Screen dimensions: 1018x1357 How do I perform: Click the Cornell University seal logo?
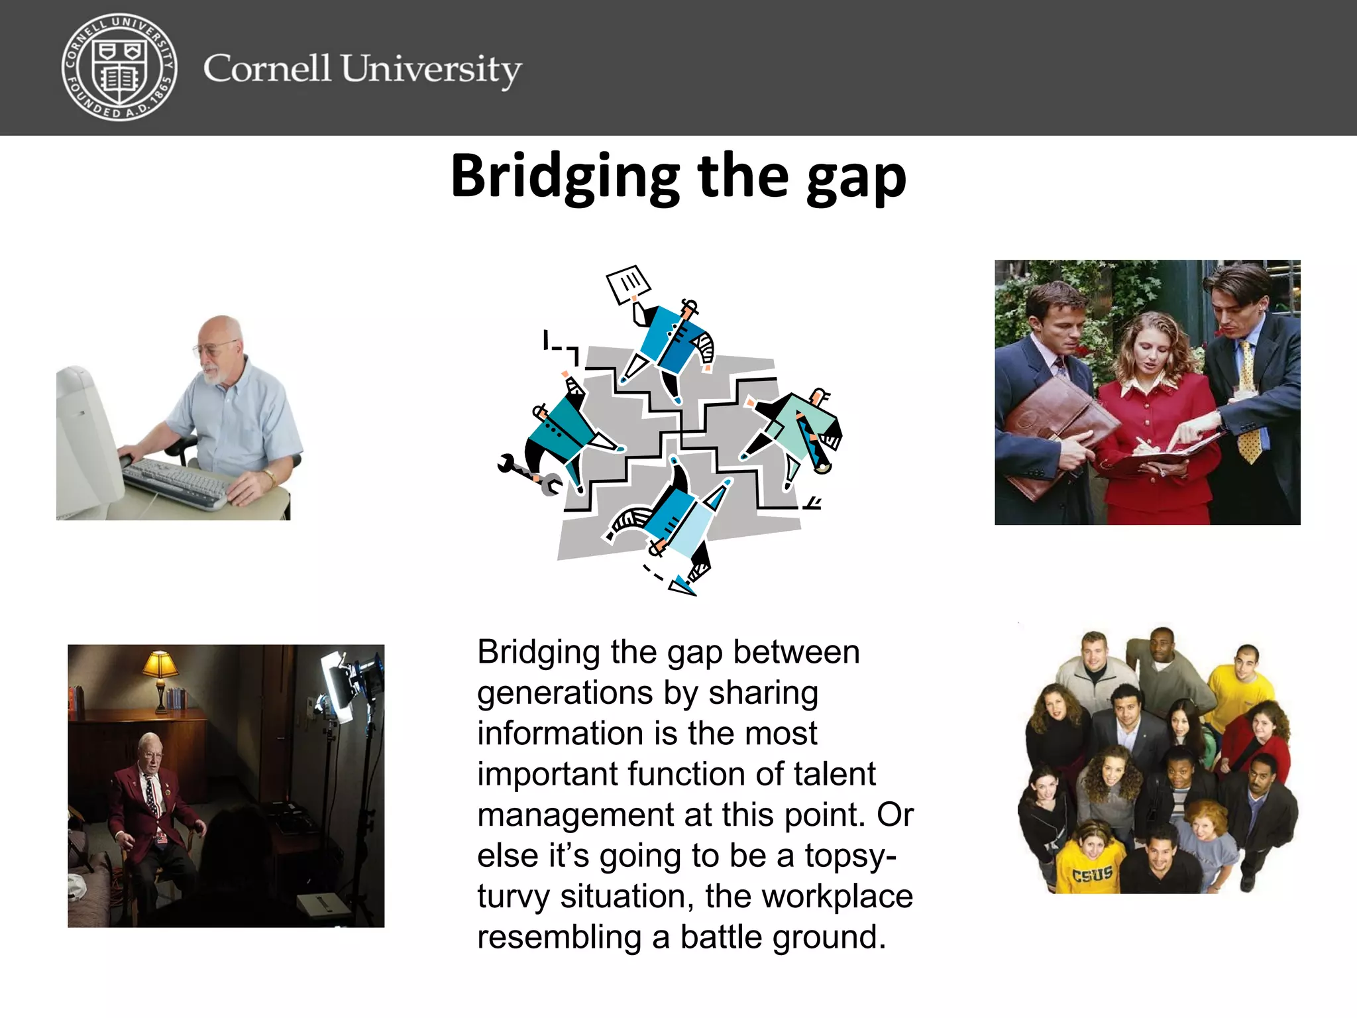(x=119, y=68)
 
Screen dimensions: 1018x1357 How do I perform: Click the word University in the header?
(x=431, y=69)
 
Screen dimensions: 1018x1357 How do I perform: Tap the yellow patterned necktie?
(x=1248, y=404)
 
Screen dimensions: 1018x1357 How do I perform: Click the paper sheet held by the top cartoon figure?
(x=628, y=284)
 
